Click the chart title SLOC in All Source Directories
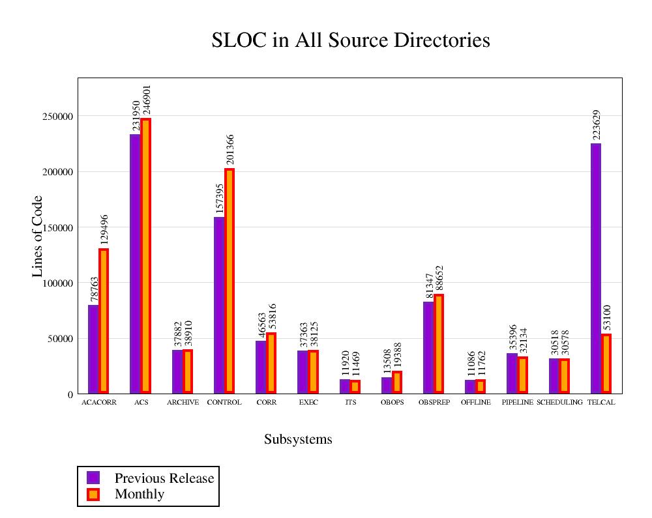click(x=351, y=40)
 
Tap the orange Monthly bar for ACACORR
click(x=104, y=321)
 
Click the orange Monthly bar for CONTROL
click(x=230, y=281)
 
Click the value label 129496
click(x=104, y=229)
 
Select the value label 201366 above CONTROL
click(x=230, y=150)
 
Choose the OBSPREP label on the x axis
click(x=434, y=403)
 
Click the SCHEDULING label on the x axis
click(x=559, y=403)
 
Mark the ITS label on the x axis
click(x=351, y=403)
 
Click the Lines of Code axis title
click(x=38, y=236)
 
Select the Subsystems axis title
click(x=298, y=439)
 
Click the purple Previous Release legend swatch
click(x=93, y=478)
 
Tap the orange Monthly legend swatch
click(x=93, y=494)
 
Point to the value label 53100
click(x=606, y=317)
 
